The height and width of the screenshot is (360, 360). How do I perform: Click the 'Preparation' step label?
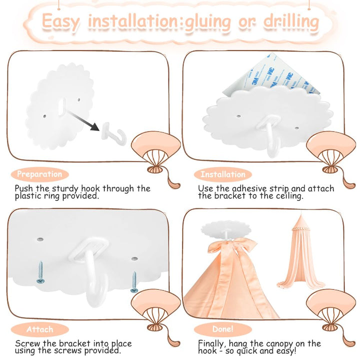point(39,174)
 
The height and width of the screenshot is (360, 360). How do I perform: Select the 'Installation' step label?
point(223,174)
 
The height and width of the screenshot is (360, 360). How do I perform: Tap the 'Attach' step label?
point(39,329)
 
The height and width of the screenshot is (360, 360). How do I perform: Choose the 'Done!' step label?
point(223,329)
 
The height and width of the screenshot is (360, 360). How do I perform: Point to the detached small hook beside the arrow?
point(114,134)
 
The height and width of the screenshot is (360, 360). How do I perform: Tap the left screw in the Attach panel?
point(40,272)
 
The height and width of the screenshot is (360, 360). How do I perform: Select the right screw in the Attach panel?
point(134,282)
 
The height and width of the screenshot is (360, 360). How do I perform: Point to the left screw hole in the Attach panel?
point(40,239)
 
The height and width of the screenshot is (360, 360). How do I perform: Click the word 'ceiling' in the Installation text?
point(289,196)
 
